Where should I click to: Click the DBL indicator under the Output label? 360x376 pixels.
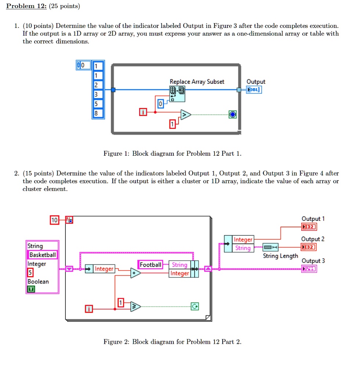tap(255, 90)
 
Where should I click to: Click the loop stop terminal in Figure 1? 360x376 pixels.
tap(233, 114)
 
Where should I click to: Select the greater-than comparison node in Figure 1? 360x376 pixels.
tap(185, 115)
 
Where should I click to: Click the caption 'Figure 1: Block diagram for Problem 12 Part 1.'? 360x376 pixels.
tap(172, 153)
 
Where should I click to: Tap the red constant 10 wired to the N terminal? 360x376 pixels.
tap(54, 220)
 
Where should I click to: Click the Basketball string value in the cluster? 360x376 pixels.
tap(43, 255)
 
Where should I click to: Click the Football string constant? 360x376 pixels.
tap(151, 265)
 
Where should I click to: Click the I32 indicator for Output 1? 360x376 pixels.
tap(309, 227)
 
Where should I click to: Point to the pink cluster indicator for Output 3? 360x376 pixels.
tap(309, 269)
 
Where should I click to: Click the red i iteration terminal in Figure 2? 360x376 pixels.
tap(89, 309)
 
